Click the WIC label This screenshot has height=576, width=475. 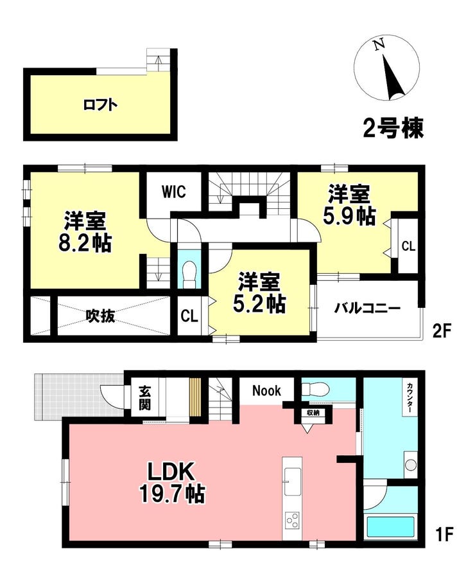click(x=173, y=191)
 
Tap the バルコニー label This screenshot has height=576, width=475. click(x=367, y=309)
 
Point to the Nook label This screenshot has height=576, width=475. click(x=265, y=390)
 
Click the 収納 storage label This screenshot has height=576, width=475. click(x=313, y=413)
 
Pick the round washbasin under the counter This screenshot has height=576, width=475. click(x=411, y=465)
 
